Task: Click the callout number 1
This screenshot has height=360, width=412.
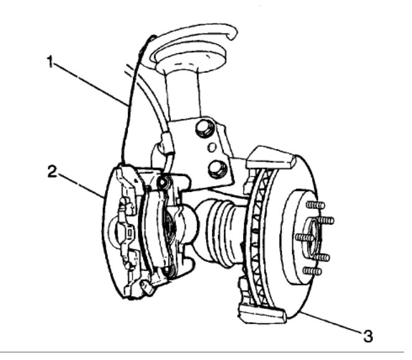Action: (48, 62)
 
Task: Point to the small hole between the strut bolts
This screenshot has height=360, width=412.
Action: (212, 148)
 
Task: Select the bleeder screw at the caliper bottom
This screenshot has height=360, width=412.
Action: (147, 287)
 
